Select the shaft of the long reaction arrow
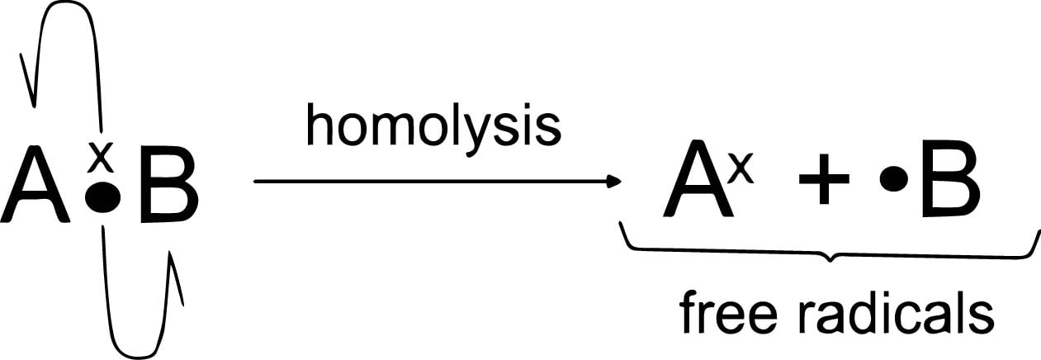[x=429, y=182]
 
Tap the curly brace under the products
[x=830, y=252]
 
